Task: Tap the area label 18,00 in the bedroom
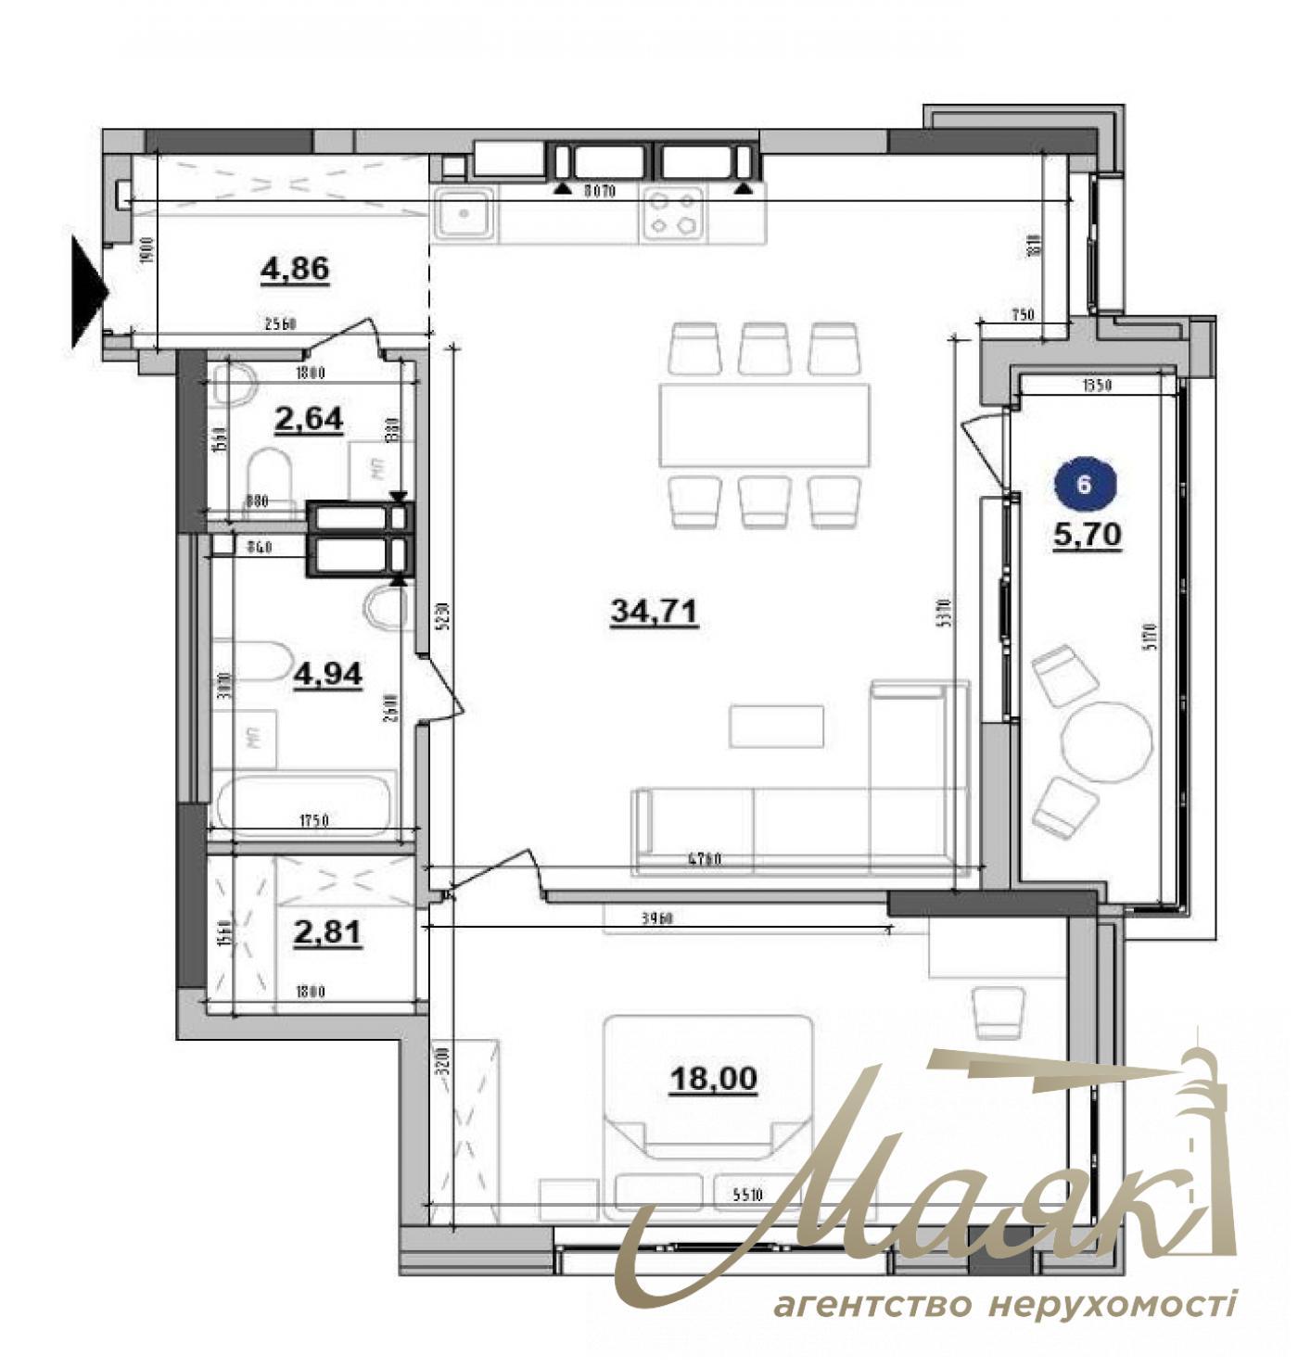coord(713,1078)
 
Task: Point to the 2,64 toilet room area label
coord(309,419)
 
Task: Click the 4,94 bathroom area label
coord(327,674)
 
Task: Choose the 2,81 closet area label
coord(326,933)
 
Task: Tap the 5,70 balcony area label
coord(1088,534)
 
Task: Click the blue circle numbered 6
coord(1086,485)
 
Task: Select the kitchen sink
coord(463,214)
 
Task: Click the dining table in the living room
coord(764,425)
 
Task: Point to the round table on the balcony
coord(1106,739)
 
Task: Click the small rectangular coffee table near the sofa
coord(776,726)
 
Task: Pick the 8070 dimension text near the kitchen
coord(602,192)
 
